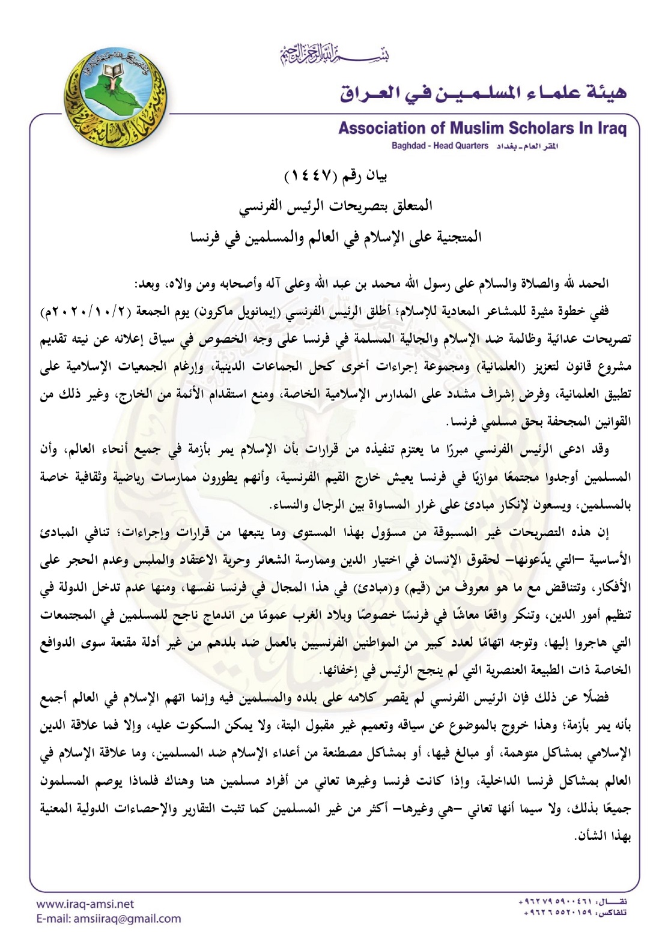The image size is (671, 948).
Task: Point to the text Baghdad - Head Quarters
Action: click(x=440, y=146)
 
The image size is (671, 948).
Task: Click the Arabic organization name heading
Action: click(x=484, y=93)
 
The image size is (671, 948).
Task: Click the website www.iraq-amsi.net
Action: click(x=85, y=904)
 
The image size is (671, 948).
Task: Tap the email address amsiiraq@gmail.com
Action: click(x=108, y=919)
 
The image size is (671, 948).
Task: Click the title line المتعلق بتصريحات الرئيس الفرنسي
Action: click(x=335, y=206)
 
